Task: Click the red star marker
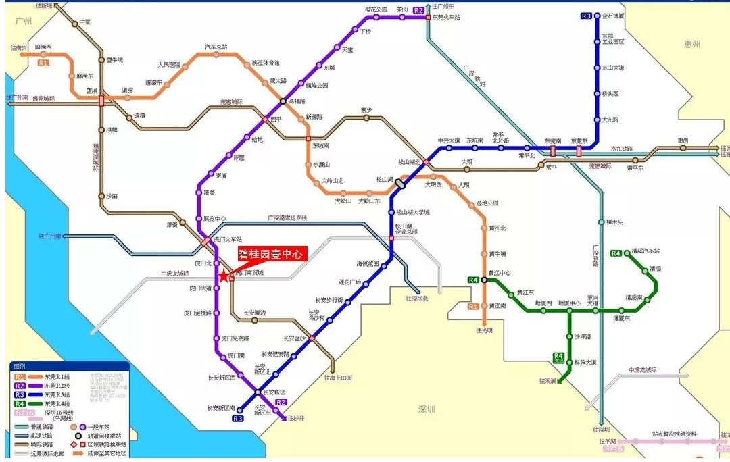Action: pos(224,276)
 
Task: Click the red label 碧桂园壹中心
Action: pos(272,254)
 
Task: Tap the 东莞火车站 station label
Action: pos(447,17)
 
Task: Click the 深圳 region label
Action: pos(427,409)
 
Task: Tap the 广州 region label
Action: pos(25,22)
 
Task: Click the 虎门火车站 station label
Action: pos(227,238)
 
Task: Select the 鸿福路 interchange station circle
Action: pos(284,101)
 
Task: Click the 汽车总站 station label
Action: pos(216,47)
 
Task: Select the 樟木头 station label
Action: pos(614,222)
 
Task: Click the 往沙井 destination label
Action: pos(296,419)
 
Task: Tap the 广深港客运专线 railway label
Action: pos(287,217)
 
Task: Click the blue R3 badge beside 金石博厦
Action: pos(586,16)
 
